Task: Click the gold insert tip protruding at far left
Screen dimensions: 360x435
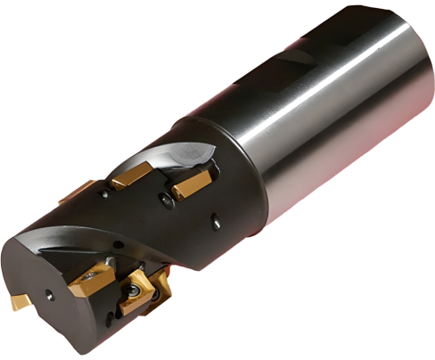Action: (x=20, y=302)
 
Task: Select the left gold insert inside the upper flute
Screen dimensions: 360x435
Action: (x=130, y=177)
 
